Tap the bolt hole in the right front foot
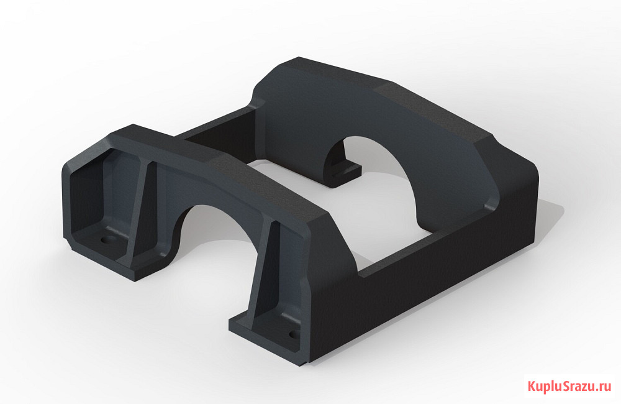[293, 334]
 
